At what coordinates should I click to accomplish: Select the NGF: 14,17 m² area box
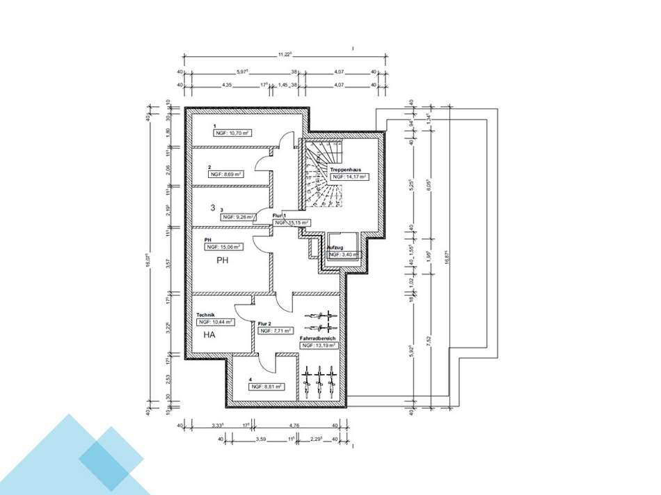pos(349,177)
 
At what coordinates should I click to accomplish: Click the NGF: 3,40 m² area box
pos(343,255)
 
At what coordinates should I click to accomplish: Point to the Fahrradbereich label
pos(318,339)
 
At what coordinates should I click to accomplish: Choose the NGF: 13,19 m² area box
pos(319,346)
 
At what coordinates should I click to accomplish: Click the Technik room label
pos(206,314)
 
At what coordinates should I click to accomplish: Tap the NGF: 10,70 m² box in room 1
pos(232,131)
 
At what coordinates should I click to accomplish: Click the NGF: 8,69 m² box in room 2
pos(225,175)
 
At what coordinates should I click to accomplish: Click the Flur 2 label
pos(264,324)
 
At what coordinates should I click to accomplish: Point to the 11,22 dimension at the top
pos(284,54)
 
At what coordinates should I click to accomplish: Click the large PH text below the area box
pos(223,261)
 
